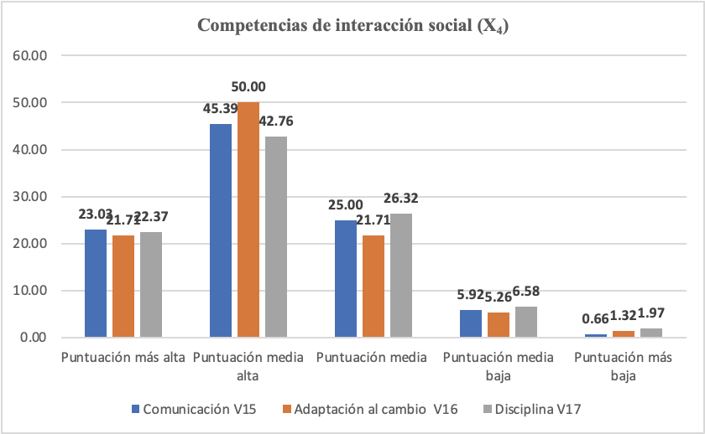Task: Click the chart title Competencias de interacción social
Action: click(353, 26)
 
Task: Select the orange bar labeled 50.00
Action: click(248, 220)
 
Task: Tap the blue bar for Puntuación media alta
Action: click(221, 230)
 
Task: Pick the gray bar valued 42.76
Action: click(276, 237)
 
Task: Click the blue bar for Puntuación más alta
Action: click(96, 283)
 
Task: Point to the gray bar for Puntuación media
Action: click(401, 276)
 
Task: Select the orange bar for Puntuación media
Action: click(373, 287)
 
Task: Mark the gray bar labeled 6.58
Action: click(526, 322)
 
